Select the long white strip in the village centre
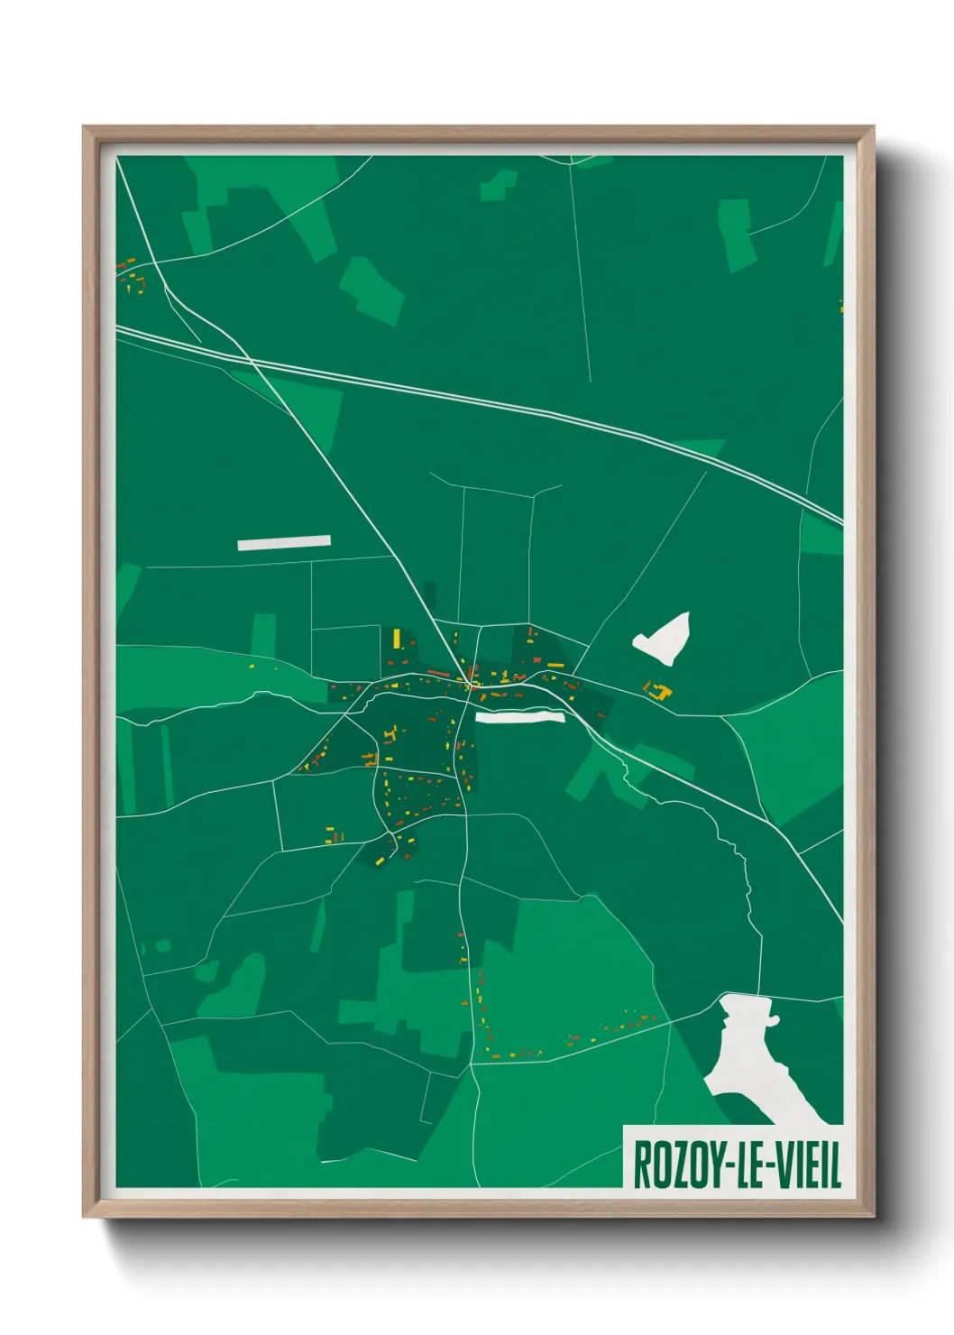click(x=519, y=717)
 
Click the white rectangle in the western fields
click(x=284, y=543)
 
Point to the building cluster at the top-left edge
click(x=132, y=275)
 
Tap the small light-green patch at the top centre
click(x=498, y=184)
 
